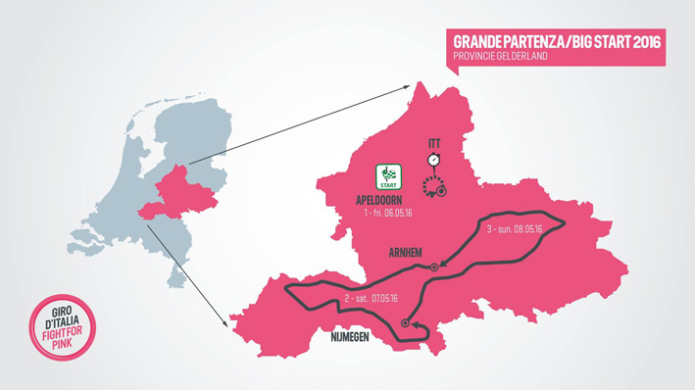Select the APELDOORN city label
click(379, 201)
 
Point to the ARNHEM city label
click(405, 253)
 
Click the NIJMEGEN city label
click(344, 340)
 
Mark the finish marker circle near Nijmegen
click(405, 322)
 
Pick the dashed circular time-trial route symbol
click(433, 186)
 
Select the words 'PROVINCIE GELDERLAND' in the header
click(500, 57)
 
